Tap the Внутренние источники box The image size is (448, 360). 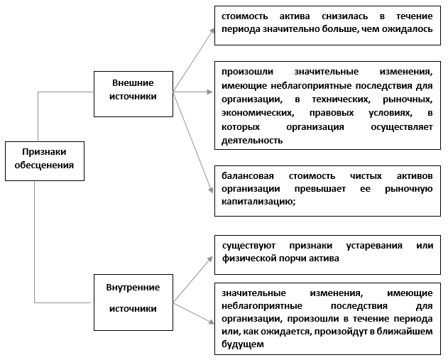[x=133, y=298]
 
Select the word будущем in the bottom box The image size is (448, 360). [x=242, y=345]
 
